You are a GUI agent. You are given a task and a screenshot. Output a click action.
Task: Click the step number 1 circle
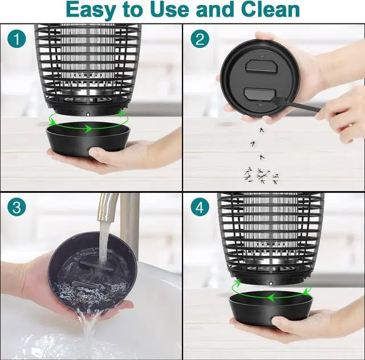tap(17, 39)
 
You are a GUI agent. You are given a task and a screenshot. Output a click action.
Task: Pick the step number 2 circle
tap(200, 39)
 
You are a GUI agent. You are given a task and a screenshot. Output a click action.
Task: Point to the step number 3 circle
tap(17, 207)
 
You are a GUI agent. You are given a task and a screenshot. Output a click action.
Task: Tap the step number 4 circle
tap(200, 207)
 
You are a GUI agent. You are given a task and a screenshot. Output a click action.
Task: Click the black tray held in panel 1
tap(88, 139)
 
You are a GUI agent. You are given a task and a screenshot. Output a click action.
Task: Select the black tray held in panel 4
tap(271, 308)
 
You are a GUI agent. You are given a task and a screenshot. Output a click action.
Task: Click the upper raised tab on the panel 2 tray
tap(261, 66)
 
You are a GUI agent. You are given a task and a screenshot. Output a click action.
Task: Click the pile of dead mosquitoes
tap(261, 175)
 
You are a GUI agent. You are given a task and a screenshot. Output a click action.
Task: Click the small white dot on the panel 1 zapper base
tap(88, 114)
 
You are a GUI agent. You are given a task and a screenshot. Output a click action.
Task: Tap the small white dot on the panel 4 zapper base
tap(271, 283)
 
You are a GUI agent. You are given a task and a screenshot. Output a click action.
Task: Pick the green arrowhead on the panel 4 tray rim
tap(270, 298)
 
